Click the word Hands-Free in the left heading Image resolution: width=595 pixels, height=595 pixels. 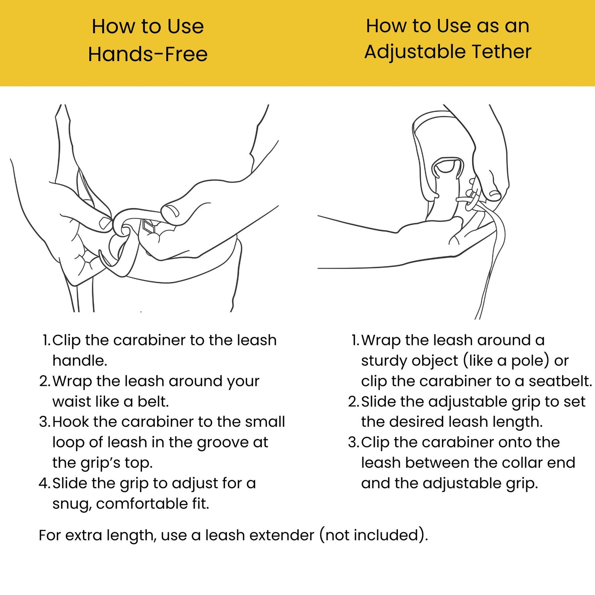point(148,54)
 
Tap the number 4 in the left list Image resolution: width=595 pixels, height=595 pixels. point(44,483)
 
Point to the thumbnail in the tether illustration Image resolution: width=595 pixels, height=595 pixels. point(495,195)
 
